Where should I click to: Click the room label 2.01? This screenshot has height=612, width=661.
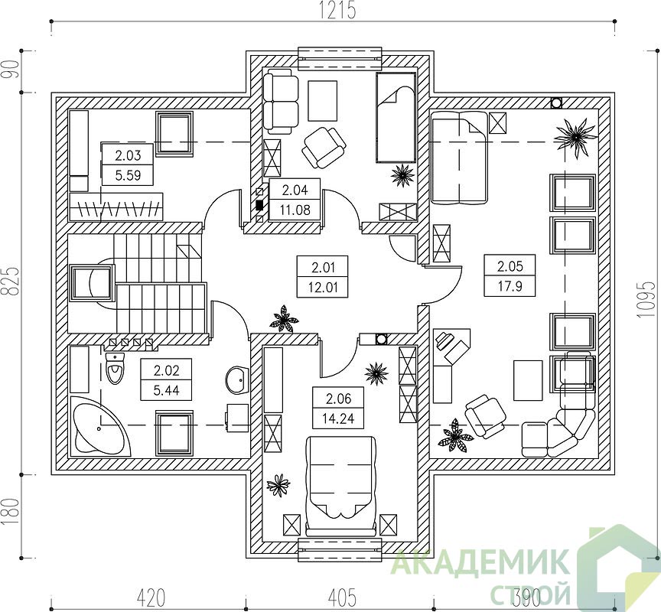pyautogui.click(x=323, y=267)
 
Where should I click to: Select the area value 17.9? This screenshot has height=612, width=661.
pyautogui.click(x=510, y=286)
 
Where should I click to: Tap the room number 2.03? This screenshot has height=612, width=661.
pyautogui.click(x=128, y=155)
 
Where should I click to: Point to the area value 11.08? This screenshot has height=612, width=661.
pyautogui.click(x=295, y=210)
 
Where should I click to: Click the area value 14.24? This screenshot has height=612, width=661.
pyautogui.click(x=337, y=418)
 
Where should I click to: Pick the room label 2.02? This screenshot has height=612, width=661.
pyautogui.click(x=167, y=371)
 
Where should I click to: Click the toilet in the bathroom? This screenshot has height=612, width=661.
pyautogui.click(x=115, y=368)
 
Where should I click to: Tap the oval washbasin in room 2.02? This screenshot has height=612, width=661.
pyautogui.click(x=238, y=379)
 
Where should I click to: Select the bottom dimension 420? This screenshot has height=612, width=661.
pyautogui.click(x=151, y=597)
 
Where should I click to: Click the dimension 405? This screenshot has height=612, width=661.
pyautogui.click(x=342, y=597)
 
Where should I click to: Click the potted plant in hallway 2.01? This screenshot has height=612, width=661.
pyautogui.click(x=283, y=319)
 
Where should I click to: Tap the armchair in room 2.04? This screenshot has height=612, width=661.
pyautogui.click(x=324, y=146)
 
